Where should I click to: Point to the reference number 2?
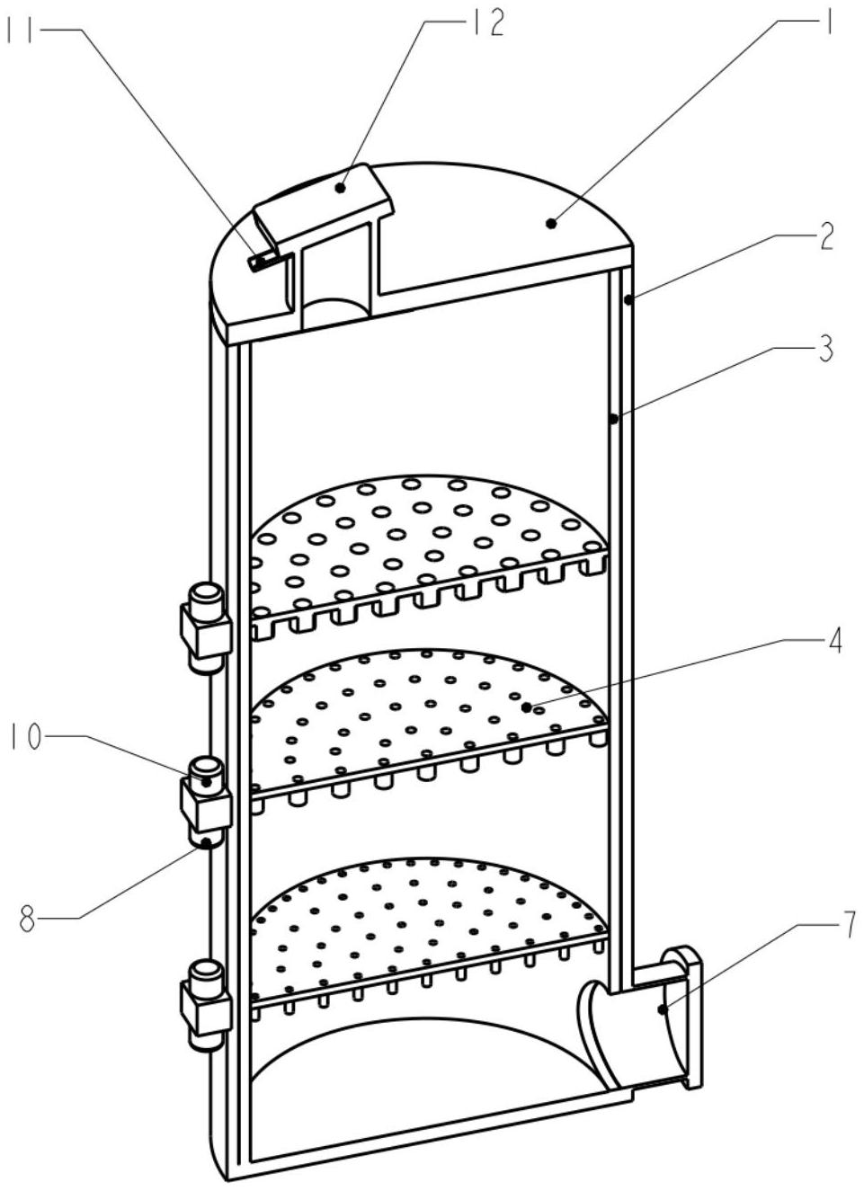pyautogui.click(x=824, y=237)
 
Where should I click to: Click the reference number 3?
pyautogui.click(x=824, y=349)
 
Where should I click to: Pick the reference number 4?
pyautogui.click(x=833, y=640)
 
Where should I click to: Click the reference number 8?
pyautogui.click(x=28, y=919)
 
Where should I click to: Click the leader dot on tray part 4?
pyautogui.click(x=526, y=707)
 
